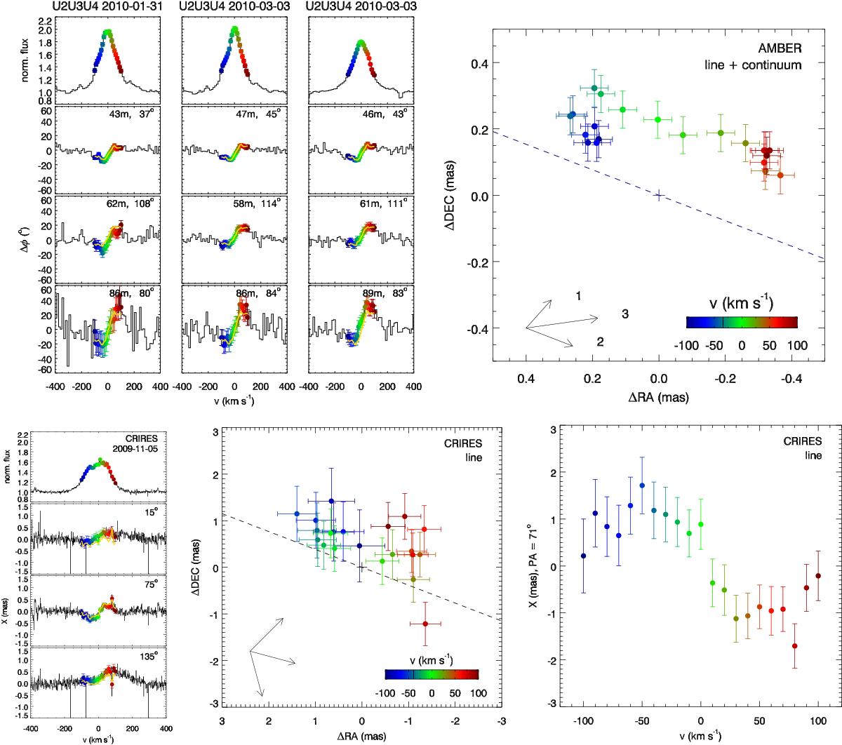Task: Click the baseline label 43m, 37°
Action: pyautogui.click(x=138, y=116)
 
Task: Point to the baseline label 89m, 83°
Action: pyautogui.click(x=390, y=291)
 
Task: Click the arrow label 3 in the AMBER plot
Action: pyautogui.click(x=625, y=314)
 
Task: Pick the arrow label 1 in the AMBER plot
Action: pyautogui.click(x=577, y=296)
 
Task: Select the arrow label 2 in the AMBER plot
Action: pyautogui.click(x=600, y=342)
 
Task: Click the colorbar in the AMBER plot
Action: pyautogui.click(x=741, y=322)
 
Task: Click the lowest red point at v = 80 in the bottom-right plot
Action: pyautogui.click(x=794, y=646)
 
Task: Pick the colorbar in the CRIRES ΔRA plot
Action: pyautogui.click(x=432, y=674)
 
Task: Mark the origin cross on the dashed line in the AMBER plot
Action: pyautogui.click(x=659, y=195)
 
